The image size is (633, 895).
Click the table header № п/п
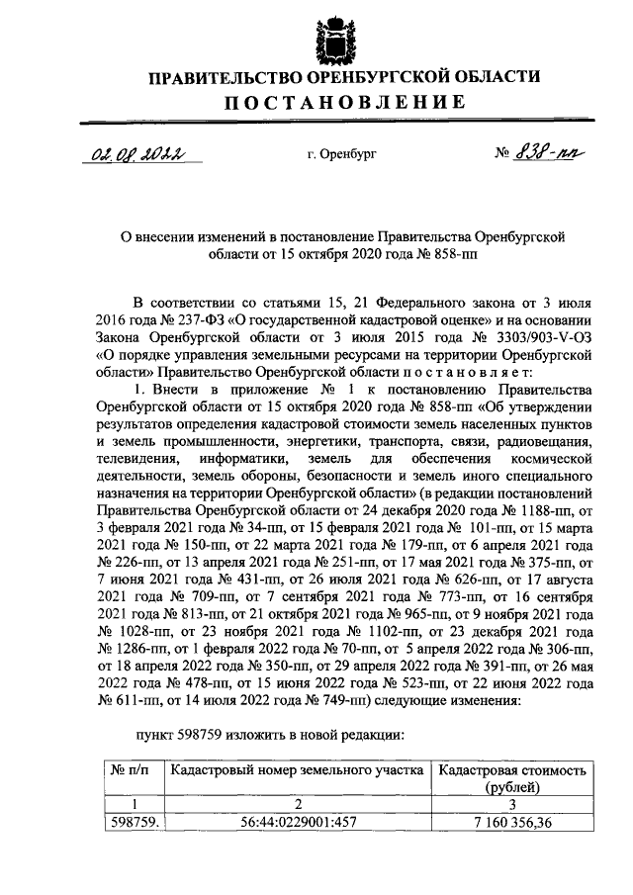point(130,768)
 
